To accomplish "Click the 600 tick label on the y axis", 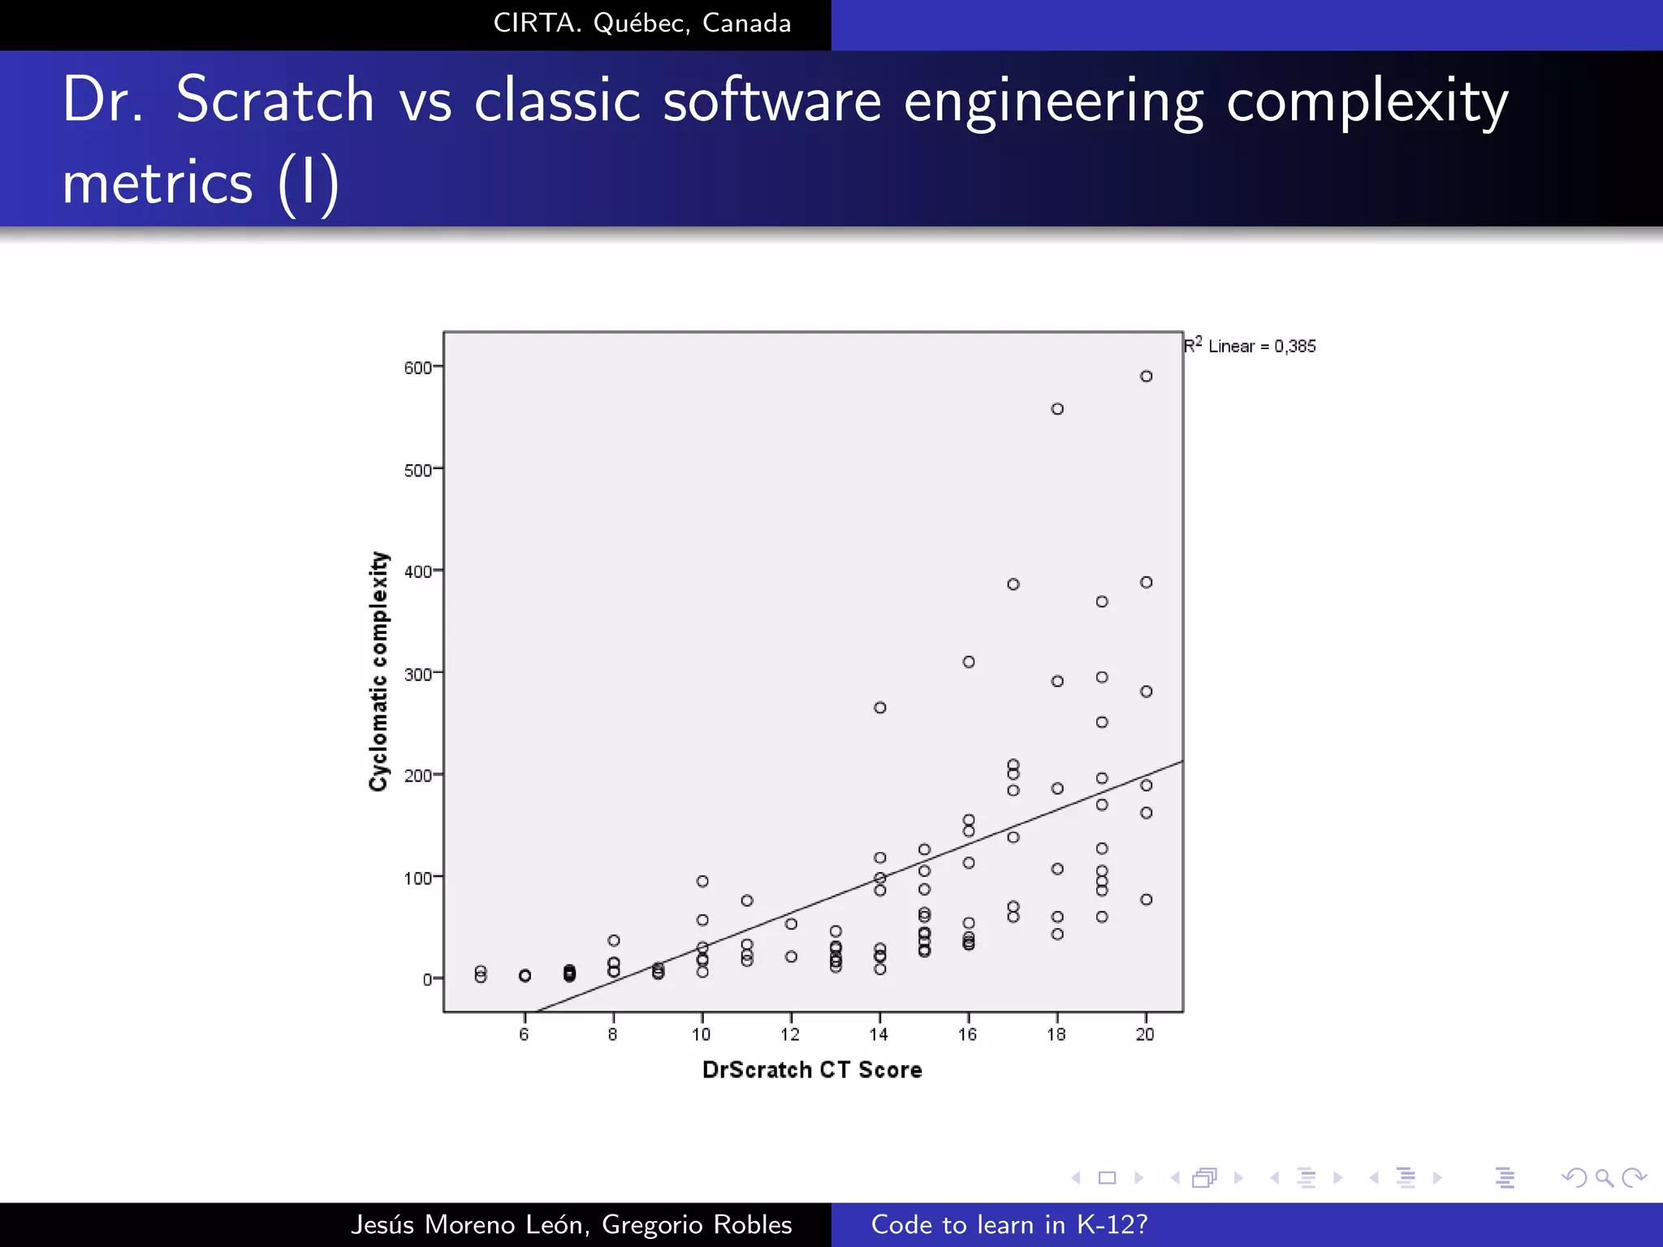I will coord(417,368).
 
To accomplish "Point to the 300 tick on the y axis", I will coord(417,674).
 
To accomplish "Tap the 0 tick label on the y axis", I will coord(427,980).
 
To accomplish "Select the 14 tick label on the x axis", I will coord(879,1034).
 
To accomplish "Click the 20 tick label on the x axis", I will coord(1145,1034).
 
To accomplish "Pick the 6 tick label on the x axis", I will coord(524,1034).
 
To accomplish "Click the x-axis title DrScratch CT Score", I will coord(812,1070).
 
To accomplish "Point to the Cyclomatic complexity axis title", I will coord(379,671).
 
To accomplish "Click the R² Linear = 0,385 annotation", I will coord(1250,346).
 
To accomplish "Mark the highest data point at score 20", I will coord(1146,376).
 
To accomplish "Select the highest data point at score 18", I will coord(1057,409).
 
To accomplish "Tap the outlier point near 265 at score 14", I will coord(879,708).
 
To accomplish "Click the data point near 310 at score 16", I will coord(969,662).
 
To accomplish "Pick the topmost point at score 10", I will coord(702,881).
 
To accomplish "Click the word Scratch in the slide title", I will coord(274,100).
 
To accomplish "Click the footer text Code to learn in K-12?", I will coord(1009,1224).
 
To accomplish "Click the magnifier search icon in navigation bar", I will coord(1604,1177).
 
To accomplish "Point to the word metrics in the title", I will coord(158,183).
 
